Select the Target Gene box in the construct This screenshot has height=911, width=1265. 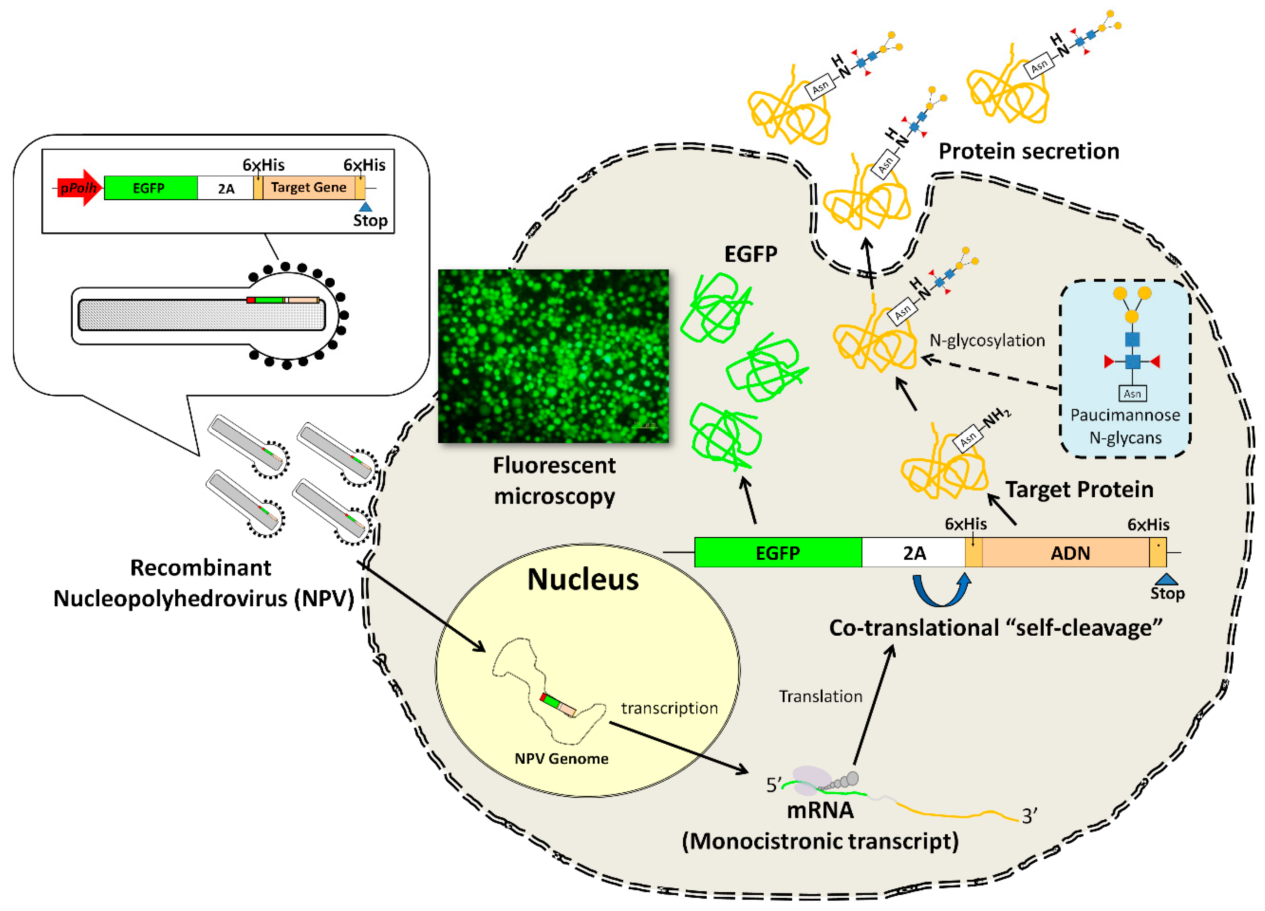point(308,188)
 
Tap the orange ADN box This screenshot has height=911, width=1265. point(1070,553)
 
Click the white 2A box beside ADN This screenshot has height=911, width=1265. point(914,553)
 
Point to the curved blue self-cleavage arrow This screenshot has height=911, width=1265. point(941,591)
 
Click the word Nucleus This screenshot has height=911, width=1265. point(583,579)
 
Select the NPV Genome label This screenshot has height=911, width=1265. point(561,759)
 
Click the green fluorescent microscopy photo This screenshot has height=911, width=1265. point(553,356)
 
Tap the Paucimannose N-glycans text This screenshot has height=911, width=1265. point(1125,426)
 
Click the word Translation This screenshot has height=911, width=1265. point(820,696)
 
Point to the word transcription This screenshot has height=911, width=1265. point(669,708)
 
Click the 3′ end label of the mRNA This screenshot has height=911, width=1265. point(1029,816)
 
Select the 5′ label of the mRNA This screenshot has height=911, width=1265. point(774,785)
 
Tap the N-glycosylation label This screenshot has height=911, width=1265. point(987,340)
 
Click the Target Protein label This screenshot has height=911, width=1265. point(1079,489)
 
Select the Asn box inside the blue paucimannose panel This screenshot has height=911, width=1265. point(1132,394)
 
